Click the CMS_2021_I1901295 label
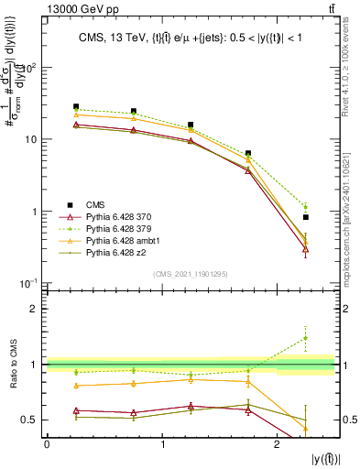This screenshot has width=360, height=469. [x=192, y=274]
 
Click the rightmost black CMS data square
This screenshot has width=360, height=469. [x=306, y=217]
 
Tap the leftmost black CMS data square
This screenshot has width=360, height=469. [x=76, y=106]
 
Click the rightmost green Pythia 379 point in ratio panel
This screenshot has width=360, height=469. [x=306, y=338]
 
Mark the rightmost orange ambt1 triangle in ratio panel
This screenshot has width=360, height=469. [x=306, y=429]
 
